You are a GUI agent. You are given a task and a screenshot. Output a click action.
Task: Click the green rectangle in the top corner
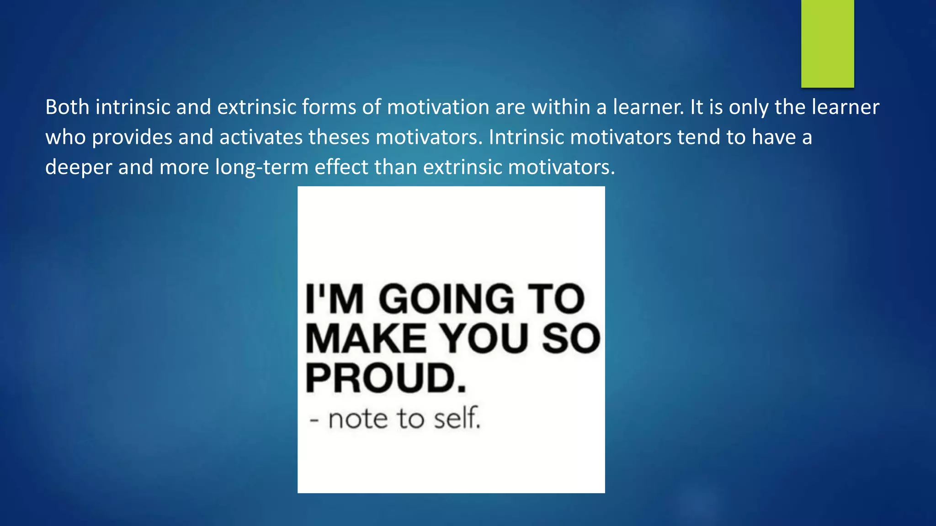827,43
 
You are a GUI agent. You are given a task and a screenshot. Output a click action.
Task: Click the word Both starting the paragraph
67,107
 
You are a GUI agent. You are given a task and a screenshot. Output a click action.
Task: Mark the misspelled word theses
339,137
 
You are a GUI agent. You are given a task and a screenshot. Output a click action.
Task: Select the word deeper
79,168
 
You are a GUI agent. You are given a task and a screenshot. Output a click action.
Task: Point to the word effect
341,168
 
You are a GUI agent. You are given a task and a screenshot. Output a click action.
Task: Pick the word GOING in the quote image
447,299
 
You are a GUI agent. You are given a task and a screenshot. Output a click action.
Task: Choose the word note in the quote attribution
358,419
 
